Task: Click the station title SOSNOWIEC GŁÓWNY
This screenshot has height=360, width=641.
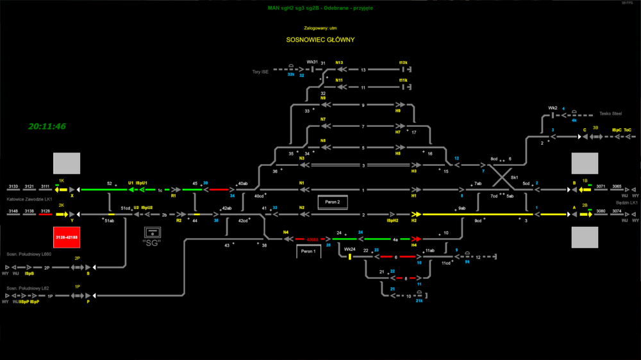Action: [x=320, y=40]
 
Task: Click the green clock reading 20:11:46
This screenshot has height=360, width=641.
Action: [x=47, y=126]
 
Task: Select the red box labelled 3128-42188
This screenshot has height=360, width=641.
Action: [x=67, y=238]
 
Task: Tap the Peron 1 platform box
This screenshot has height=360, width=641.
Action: [x=308, y=252]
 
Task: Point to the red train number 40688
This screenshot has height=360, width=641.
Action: [x=312, y=240]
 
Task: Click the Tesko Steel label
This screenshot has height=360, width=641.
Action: [x=610, y=113]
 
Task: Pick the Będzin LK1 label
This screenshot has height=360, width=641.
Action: [x=626, y=202]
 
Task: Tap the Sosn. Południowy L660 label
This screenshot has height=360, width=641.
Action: [x=29, y=254]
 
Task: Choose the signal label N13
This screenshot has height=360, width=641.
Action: [x=339, y=63]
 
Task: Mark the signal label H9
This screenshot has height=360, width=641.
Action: [x=398, y=111]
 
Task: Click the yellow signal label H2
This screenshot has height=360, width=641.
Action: [x=414, y=220]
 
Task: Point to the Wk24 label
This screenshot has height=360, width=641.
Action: [x=349, y=249]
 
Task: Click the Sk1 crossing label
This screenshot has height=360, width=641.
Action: [x=514, y=177]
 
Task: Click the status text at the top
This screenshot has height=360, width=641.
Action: [x=320, y=8]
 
